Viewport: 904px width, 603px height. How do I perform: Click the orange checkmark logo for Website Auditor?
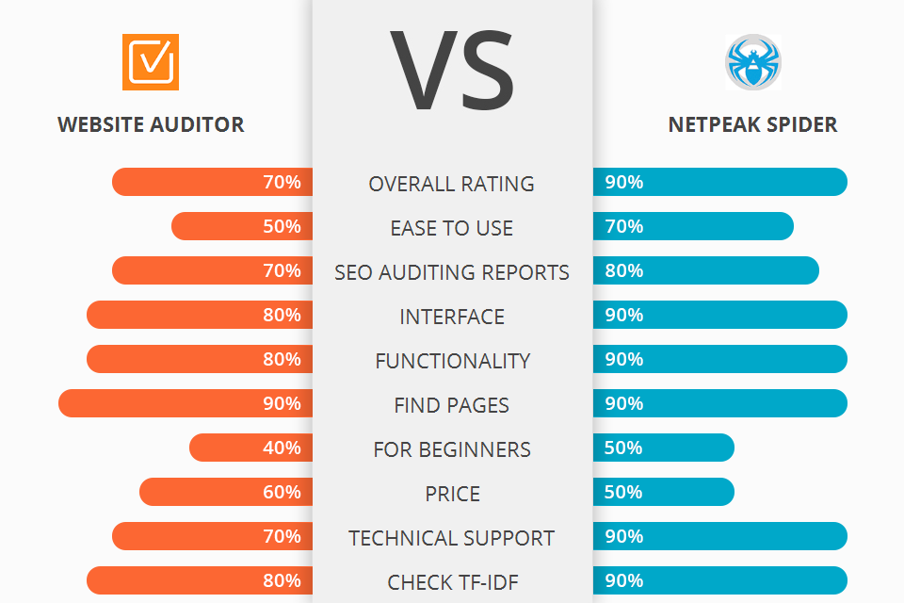[x=151, y=62]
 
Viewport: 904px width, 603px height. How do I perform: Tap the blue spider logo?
[x=752, y=62]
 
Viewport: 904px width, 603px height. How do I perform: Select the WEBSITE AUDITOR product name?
[x=151, y=124]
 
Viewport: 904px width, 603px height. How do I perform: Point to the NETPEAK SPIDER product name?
[x=752, y=124]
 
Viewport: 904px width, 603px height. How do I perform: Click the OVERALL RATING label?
[x=452, y=184]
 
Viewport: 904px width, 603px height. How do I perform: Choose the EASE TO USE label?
[x=452, y=228]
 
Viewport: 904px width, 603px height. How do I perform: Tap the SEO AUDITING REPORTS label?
[x=452, y=272]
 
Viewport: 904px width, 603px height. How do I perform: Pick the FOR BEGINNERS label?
[x=452, y=449]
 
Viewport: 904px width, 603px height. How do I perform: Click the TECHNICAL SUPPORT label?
[x=452, y=538]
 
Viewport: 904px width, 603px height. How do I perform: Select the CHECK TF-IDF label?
[x=452, y=582]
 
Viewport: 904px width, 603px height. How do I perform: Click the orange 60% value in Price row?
[x=282, y=492]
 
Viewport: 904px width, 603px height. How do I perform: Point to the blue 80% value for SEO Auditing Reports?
[x=624, y=270]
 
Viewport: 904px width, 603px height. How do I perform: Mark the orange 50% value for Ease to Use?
[x=282, y=226]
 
